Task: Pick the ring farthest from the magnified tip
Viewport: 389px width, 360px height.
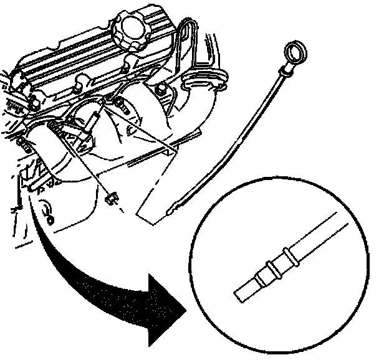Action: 288,255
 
